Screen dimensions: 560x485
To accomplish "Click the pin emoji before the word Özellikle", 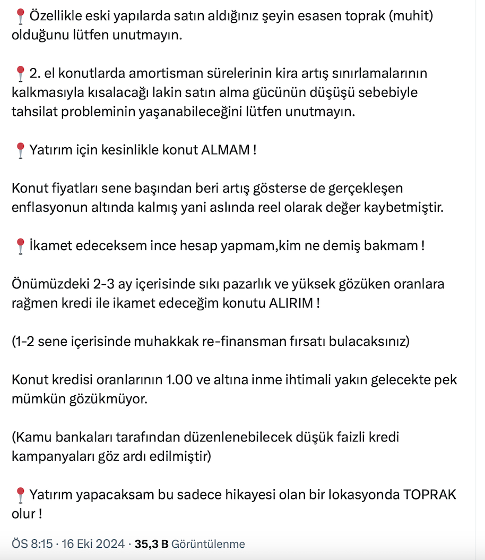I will tap(20, 17).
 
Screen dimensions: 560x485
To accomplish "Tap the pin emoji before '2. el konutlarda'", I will tap(20, 73).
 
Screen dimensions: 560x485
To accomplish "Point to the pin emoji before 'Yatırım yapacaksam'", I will tap(20, 495).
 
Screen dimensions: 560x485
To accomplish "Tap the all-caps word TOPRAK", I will tap(430, 495).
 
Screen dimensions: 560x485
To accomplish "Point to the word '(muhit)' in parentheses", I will tap(411, 16).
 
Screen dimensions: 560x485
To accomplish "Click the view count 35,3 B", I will tap(152, 544).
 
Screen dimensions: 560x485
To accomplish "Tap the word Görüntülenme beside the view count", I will tap(209, 544).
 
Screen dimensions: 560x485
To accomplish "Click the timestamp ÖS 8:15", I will tap(32, 544).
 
